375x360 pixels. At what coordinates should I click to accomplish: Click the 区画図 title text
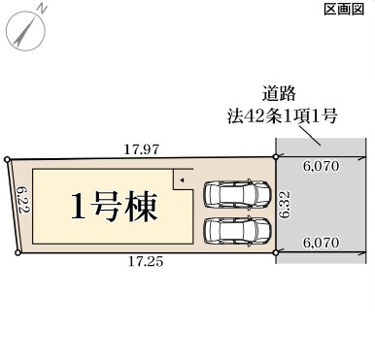[344, 10]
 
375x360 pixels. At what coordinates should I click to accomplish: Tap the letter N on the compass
[42, 9]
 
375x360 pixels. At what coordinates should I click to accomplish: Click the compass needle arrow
[24, 31]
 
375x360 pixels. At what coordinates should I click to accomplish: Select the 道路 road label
[279, 94]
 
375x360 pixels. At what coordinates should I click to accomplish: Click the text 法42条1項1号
[282, 116]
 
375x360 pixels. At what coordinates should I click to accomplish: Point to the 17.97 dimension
[142, 149]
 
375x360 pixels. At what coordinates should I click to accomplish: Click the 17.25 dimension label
[146, 261]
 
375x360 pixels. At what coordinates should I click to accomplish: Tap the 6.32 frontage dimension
[285, 205]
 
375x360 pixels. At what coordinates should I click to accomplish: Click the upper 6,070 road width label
[322, 166]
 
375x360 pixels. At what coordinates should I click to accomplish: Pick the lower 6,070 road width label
[322, 243]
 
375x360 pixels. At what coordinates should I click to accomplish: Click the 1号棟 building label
[114, 207]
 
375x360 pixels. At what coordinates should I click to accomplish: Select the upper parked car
[237, 193]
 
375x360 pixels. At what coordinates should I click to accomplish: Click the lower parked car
[237, 230]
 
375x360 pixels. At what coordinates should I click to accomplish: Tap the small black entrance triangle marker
[182, 180]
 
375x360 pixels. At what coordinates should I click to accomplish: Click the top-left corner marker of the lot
[7, 159]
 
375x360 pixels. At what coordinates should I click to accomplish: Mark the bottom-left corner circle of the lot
[18, 253]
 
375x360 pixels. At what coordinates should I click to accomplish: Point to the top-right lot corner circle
[276, 157]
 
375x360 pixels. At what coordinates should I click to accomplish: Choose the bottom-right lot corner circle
[276, 252]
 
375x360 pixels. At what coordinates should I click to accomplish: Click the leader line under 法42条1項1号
[310, 136]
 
